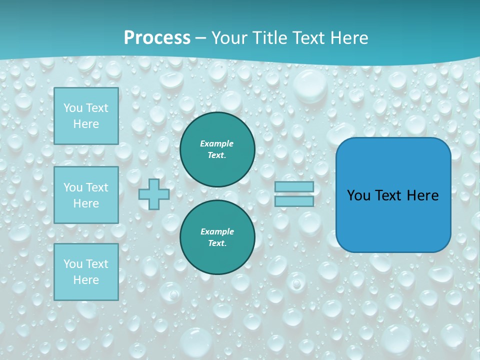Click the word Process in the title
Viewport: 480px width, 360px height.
157,38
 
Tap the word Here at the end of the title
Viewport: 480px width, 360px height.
348,38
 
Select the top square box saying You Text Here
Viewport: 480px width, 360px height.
86,116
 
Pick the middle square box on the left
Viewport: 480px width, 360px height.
86,195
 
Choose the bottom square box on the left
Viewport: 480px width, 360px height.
86,272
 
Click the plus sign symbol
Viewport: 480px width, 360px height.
154,194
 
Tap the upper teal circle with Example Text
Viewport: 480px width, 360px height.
217,149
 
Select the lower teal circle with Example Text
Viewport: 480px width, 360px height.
217,237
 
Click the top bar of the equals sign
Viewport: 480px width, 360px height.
294,186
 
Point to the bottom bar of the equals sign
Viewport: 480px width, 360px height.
294,201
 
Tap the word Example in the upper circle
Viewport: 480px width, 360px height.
216,143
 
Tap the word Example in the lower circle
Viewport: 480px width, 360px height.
217,231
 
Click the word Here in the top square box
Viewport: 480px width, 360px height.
86,124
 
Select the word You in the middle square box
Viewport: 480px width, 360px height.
73,187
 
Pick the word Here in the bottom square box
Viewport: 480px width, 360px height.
86,280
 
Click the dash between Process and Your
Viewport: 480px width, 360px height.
200,38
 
